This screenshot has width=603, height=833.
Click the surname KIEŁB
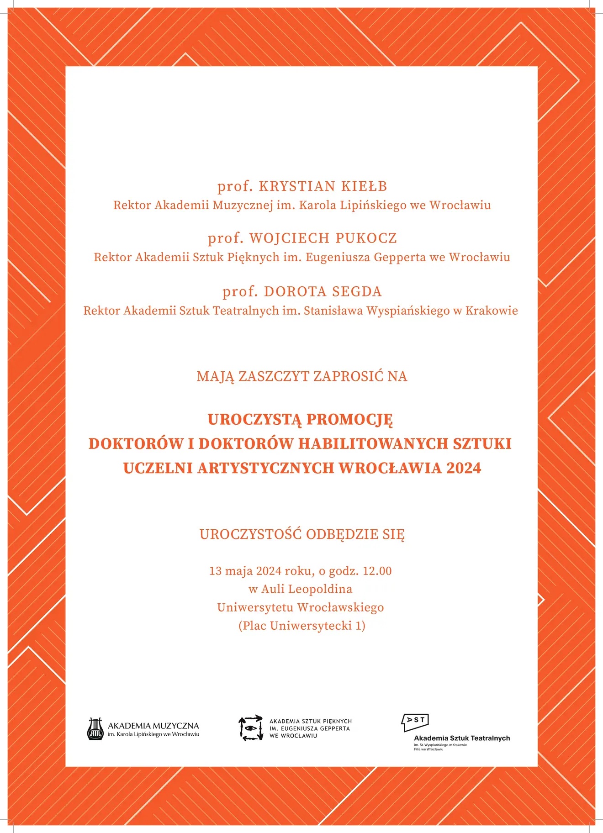pos(364,187)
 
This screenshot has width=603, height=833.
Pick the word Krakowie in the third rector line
pos(492,311)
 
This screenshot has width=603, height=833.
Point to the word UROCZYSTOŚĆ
pos(250,534)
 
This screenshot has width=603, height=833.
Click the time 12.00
pos(377,571)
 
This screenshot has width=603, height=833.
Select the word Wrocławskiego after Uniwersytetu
pos(340,608)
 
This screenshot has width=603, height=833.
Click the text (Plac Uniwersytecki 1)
pos(301,626)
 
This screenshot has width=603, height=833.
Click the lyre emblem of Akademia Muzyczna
pos(95,729)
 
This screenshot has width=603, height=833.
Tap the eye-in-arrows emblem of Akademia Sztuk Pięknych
pos(251,728)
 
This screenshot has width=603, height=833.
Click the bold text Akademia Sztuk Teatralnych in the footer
pos(461,738)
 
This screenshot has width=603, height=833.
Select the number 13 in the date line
pos(215,571)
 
